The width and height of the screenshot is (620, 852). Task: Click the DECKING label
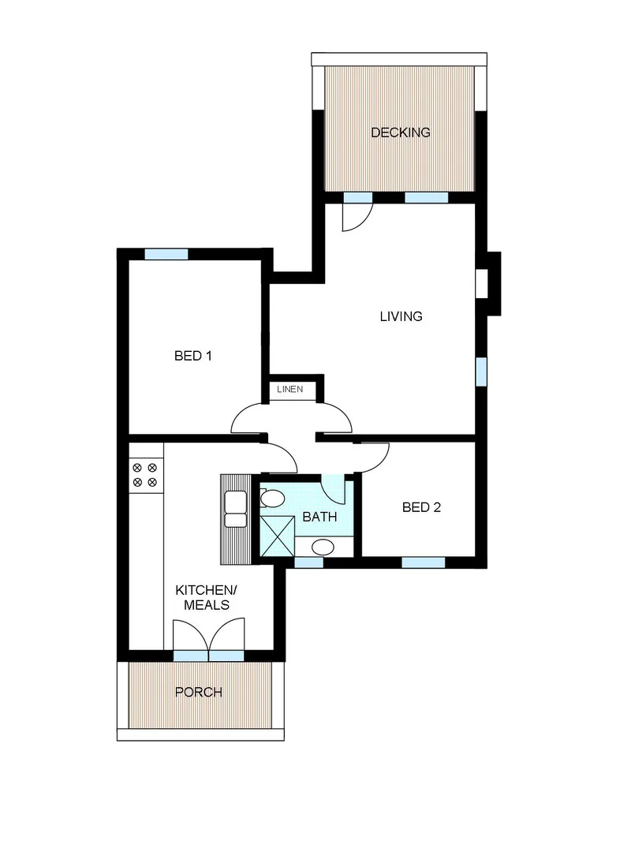pyautogui.click(x=401, y=133)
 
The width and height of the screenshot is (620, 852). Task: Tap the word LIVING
pyautogui.click(x=401, y=317)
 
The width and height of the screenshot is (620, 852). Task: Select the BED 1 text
pyautogui.click(x=192, y=356)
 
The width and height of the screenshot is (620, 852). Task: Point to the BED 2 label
pyautogui.click(x=421, y=507)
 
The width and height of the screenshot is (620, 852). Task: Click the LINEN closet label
pyautogui.click(x=289, y=390)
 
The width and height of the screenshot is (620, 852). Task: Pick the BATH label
pyautogui.click(x=319, y=518)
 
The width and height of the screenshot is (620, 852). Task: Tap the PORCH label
pyautogui.click(x=198, y=693)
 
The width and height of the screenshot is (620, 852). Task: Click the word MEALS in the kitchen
pyautogui.click(x=206, y=605)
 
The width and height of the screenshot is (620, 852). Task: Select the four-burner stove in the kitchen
pyautogui.click(x=145, y=473)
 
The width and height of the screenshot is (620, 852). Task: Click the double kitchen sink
pyautogui.click(x=235, y=509)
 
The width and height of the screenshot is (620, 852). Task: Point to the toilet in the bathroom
pyautogui.click(x=272, y=499)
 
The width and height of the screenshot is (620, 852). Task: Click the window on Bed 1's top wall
pyautogui.click(x=166, y=254)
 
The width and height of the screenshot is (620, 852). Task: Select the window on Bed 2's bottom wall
pyautogui.click(x=423, y=562)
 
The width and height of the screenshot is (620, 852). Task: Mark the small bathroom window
pyautogui.click(x=308, y=562)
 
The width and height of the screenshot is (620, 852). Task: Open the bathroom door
pyautogui.click(x=334, y=489)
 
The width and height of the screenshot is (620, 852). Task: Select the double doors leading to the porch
pyautogui.click(x=208, y=637)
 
